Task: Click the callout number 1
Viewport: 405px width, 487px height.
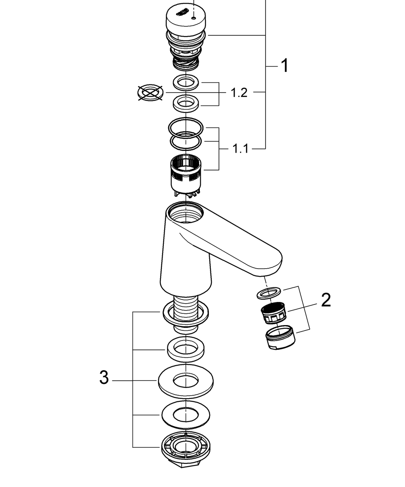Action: coord(285,66)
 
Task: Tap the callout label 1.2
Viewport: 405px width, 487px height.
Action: coord(239,93)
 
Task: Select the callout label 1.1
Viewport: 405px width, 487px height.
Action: coord(240,149)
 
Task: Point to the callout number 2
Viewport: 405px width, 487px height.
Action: coord(326,300)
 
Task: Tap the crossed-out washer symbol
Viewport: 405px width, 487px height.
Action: coord(150,93)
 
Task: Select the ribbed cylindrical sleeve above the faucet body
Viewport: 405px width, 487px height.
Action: coord(185,172)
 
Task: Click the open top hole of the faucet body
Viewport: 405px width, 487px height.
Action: coord(184,213)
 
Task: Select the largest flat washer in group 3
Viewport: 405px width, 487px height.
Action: coord(186,381)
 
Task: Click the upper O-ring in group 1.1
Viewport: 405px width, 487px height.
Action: coord(186,127)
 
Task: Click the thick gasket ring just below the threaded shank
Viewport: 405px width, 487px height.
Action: coord(185,349)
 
